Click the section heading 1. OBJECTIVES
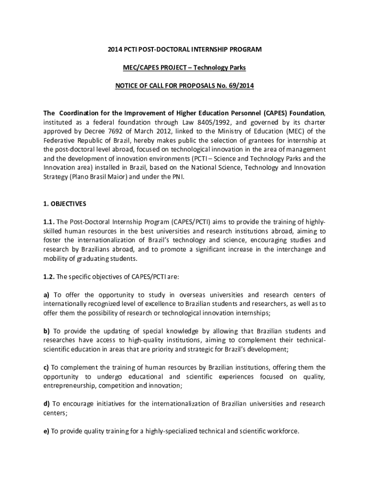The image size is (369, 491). point(65,204)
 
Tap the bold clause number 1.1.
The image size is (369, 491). point(48,222)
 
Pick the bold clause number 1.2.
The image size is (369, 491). point(48,277)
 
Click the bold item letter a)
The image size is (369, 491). point(46,295)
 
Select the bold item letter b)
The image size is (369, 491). point(46,331)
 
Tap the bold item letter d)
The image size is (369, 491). point(46,404)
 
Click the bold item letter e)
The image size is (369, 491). point(46,431)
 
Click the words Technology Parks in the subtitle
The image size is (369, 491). point(226,68)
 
